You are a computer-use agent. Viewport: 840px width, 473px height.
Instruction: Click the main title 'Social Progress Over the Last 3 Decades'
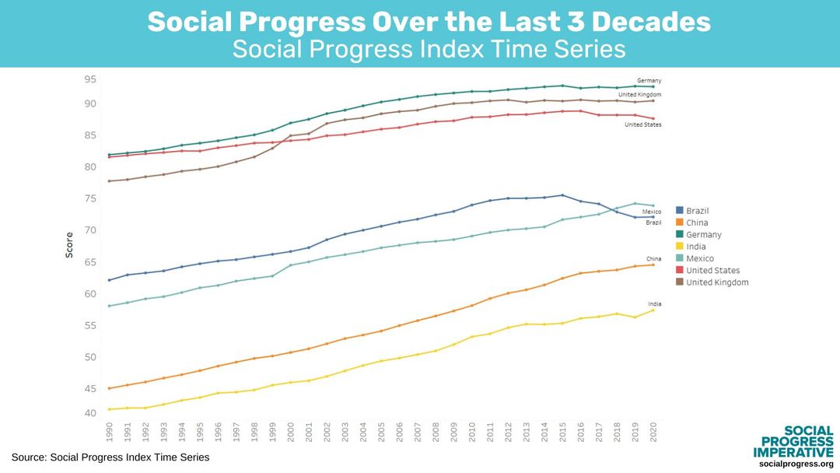click(429, 22)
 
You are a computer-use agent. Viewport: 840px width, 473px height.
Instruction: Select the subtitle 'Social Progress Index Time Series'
click(429, 49)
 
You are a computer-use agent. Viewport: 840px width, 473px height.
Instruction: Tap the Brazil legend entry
click(697, 211)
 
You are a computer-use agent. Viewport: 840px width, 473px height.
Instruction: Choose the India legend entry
click(695, 247)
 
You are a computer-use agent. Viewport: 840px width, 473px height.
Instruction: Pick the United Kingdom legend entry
click(716, 282)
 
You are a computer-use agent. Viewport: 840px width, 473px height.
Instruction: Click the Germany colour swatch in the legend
click(680, 235)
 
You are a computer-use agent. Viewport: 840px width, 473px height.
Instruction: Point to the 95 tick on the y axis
click(90, 79)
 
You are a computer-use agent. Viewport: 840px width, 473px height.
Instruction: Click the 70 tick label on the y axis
click(90, 230)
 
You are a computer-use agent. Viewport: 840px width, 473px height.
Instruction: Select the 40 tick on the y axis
click(90, 413)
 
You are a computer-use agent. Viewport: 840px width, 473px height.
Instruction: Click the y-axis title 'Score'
click(69, 246)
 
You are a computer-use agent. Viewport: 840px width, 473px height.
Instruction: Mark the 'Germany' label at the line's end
click(649, 80)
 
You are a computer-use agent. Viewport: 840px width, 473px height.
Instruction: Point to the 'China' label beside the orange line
click(653, 258)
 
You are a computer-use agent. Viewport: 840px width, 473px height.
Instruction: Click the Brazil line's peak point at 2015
click(562, 195)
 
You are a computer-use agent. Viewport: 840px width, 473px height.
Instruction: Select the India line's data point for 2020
click(653, 310)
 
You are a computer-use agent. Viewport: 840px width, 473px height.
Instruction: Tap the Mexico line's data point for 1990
click(110, 306)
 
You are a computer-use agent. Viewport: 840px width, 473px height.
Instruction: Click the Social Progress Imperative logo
click(793, 446)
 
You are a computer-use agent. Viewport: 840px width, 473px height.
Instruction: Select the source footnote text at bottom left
click(110, 457)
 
